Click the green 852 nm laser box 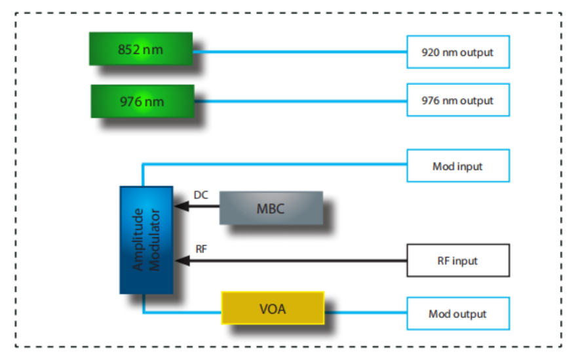click(140, 49)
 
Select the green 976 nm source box click(142, 101)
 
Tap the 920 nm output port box click(457, 52)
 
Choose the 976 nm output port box click(457, 101)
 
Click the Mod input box click(457, 166)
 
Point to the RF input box click(457, 260)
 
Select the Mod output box click(457, 313)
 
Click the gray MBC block click(271, 208)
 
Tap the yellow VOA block click(273, 308)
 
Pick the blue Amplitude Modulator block click(146, 240)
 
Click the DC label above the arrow click(201, 195)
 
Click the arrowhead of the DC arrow click(180, 207)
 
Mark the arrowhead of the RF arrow click(180, 260)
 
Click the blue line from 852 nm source click(298, 52)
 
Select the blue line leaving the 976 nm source click(298, 101)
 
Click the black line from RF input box click(295, 260)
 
